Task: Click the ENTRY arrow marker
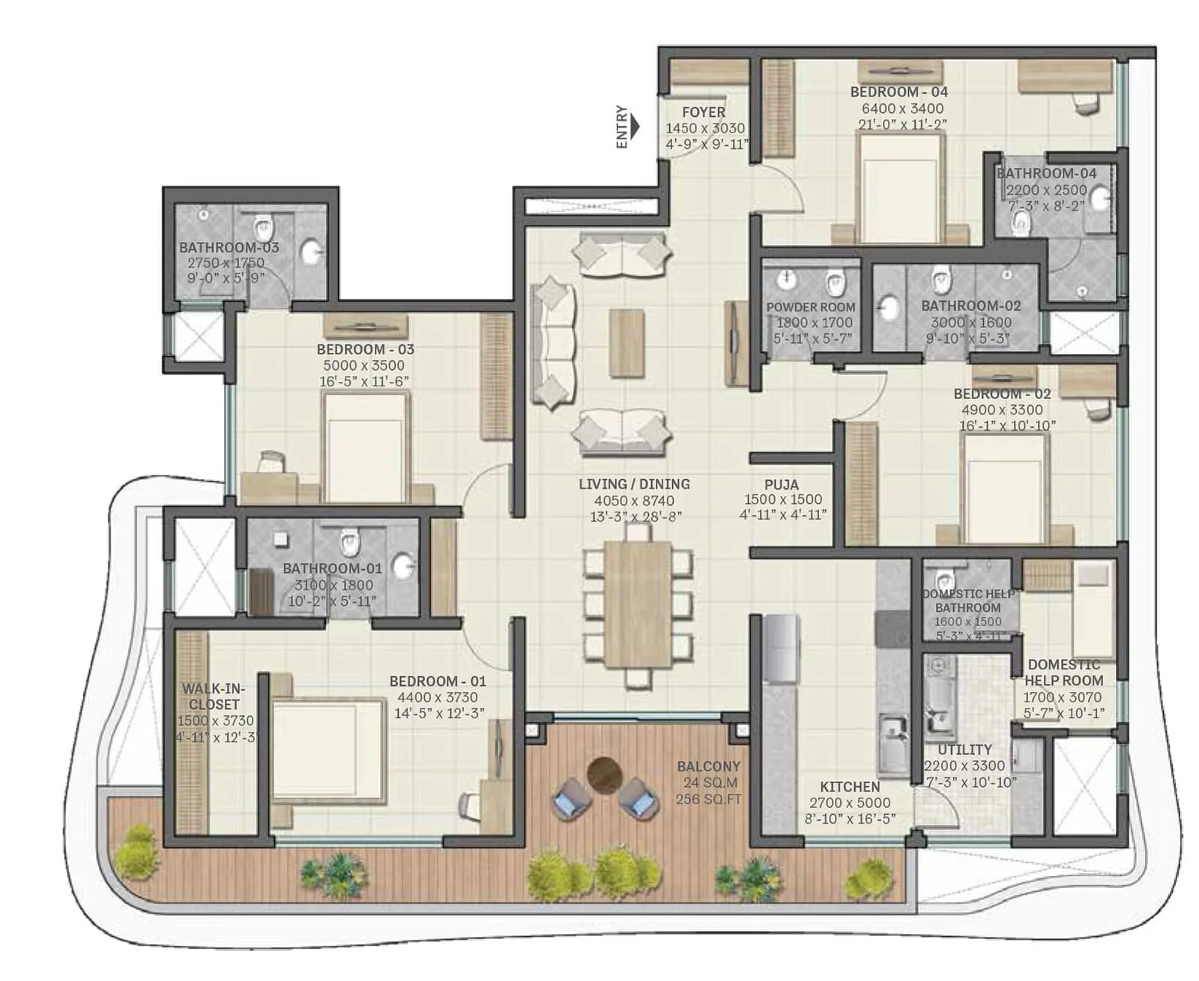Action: coord(635,126)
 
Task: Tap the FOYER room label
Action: coord(703,112)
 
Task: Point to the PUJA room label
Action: coord(782,484)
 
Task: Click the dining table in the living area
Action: coord(638,603)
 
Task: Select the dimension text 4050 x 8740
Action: coord(634,500)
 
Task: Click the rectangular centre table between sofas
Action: coord(626,343)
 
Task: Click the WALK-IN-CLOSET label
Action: coord(214,696)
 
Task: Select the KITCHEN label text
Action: coord(850,786)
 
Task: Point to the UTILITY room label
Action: coord(964,750)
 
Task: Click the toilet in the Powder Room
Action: coord(835,283)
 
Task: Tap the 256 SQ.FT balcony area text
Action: coord(708,799)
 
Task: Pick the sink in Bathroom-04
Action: coord(1100,198)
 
